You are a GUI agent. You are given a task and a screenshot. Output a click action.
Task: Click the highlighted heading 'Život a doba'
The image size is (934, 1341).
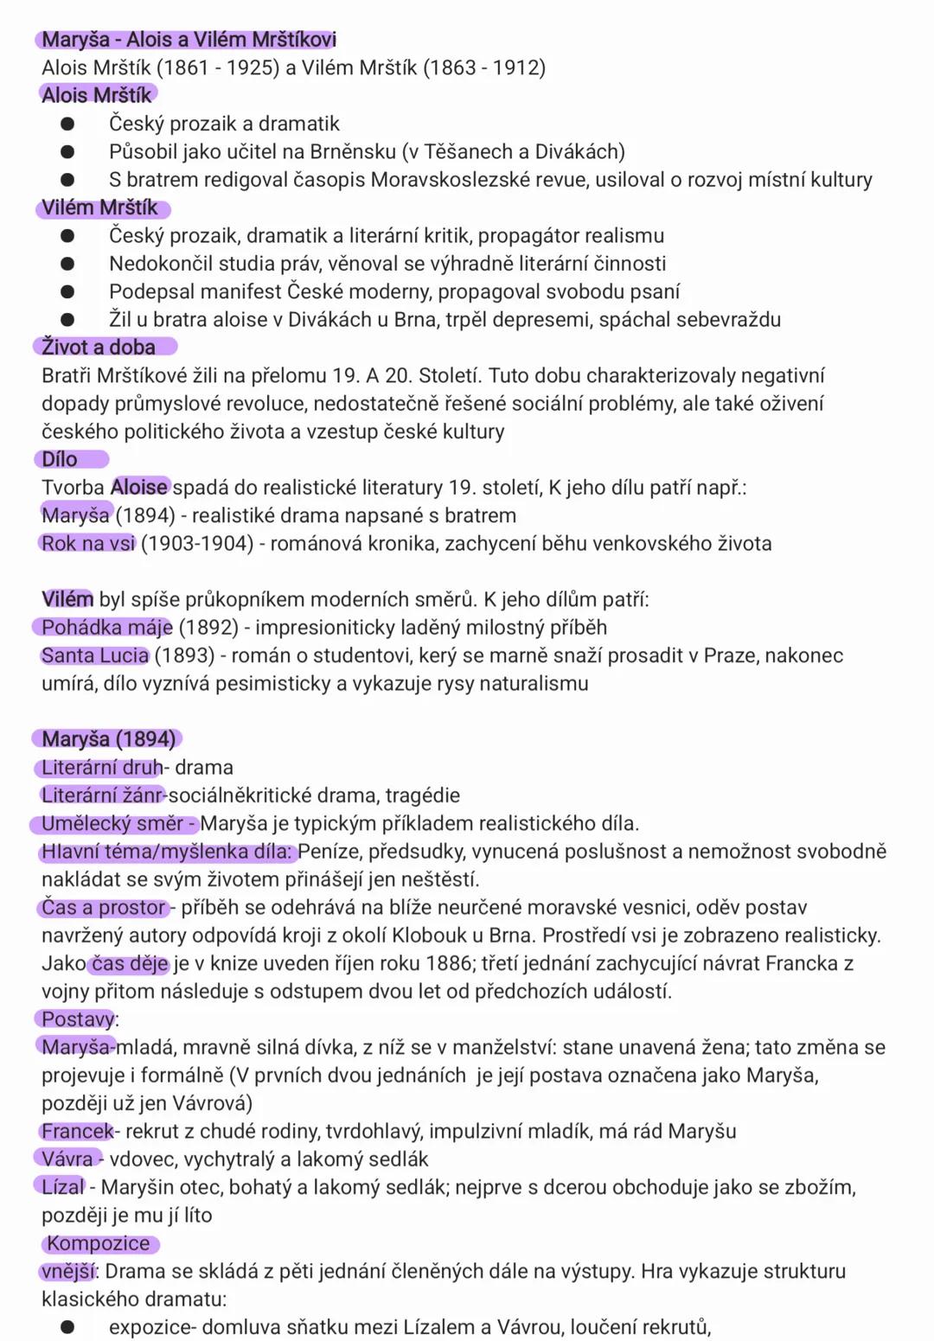coord(99,348)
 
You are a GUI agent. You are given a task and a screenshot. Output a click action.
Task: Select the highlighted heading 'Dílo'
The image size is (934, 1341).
coord(60,460)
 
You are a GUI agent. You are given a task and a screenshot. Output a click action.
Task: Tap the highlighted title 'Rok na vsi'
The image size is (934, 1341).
coord(88,544)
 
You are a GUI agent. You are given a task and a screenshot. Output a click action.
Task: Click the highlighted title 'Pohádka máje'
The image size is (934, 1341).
coord(106,628)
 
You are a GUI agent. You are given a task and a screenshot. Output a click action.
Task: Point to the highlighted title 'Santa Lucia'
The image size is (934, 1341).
coord(95,655)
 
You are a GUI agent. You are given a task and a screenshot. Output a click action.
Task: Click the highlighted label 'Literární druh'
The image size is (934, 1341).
coord(101,768)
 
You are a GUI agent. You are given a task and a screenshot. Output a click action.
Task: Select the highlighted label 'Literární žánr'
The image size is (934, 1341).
coord(102,795)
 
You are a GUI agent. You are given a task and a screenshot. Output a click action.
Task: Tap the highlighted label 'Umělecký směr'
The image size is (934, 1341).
coord(112,823)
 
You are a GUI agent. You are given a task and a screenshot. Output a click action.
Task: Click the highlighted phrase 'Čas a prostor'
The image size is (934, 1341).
coord(103,908)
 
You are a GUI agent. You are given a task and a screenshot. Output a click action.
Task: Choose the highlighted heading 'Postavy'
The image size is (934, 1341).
coord(78,1019)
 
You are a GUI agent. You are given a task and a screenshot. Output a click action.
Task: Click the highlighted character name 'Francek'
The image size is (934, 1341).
coord(77,1131)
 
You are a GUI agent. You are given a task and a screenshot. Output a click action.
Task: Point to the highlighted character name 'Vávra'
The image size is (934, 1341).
coord(67,1159)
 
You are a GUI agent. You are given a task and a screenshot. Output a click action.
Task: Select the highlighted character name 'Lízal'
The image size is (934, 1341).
coord(63,1187)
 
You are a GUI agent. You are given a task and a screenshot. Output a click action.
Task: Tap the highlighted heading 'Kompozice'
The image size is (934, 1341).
coord(99,1243)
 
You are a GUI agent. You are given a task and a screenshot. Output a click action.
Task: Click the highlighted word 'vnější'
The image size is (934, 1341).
coord(67,1271)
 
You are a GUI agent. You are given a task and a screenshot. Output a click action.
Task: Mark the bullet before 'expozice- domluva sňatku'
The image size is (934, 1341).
coord(67,1327)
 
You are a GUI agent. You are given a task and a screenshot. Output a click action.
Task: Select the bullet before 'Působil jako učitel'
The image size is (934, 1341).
coord(67,152)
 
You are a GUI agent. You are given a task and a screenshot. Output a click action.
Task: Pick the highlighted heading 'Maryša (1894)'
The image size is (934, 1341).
coord(108,739)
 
